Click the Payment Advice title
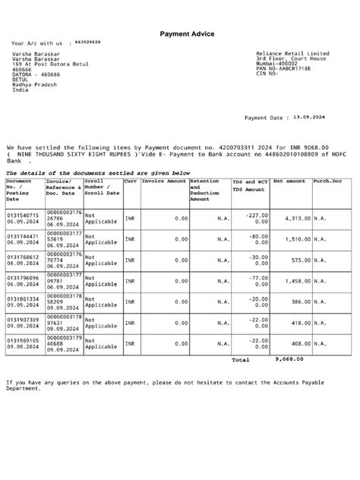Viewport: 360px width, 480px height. point(187,34)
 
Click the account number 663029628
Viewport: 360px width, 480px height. point(86,43)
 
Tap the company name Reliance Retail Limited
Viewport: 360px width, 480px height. point(292,54)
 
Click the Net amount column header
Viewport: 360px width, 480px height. point(289,182)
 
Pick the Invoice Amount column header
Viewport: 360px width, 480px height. point(164,182)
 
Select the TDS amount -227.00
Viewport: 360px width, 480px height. point(257,215)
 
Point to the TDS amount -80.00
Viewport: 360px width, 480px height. point(258,235)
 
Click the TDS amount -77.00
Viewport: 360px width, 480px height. point(258,277)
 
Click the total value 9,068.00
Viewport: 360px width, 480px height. point(289,358)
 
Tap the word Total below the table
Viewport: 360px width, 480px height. point(240,359)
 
